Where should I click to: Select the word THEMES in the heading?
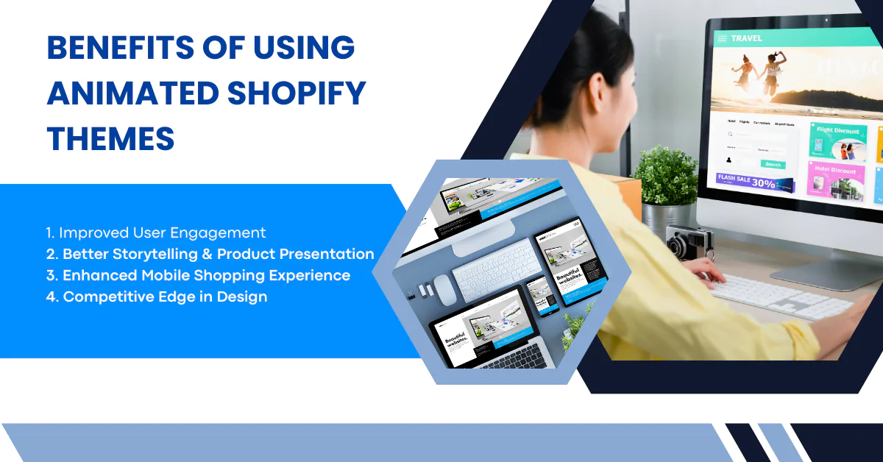pyautogui.click(x=110, y=139)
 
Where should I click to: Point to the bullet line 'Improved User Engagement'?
pyautogui.click(x=155, y=232)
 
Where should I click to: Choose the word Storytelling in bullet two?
pyautogui.click(x=169, y=254)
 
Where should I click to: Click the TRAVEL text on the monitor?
pyautogui.click(x=746, y=38)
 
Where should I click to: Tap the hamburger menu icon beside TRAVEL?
pyautogui.click(x=723, y=38)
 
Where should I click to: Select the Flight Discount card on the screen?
pyautogui.click(x=837, y=142)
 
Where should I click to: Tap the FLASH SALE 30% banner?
pyautogui.click(x=754, y=182)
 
